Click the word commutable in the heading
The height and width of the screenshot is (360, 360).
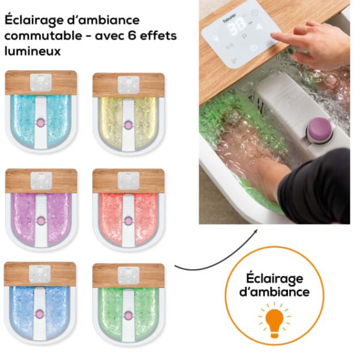(43, 36)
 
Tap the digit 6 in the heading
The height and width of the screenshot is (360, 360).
(131, 35)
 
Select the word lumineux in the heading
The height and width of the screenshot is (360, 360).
(32, 51)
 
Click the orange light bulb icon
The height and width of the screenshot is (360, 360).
(274, 320)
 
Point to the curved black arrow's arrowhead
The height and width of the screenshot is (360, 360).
(255, 232)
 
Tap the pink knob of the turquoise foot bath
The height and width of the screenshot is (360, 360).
(41, 122)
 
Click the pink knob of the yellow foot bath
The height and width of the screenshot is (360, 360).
(128, 125)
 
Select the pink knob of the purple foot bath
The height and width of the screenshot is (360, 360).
(41, 221)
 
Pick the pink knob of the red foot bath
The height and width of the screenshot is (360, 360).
(128, 221)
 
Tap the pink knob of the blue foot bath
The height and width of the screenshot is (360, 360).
(40, 314)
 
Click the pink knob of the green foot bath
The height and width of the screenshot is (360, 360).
(128, 316)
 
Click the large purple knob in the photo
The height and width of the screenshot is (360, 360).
(319, 128)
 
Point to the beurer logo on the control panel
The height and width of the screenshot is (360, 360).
(229, 18)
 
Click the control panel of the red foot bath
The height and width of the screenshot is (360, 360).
(128, 181)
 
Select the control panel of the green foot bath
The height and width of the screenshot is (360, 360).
(128, 275)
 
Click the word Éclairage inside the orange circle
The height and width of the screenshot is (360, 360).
(274, 279)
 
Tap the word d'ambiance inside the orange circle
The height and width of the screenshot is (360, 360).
(274, 292)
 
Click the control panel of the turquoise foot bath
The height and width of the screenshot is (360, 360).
(41, 82)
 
